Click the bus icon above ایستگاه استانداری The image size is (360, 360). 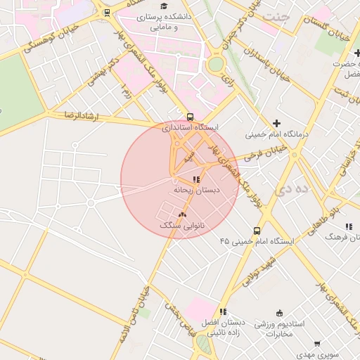click(191, 117)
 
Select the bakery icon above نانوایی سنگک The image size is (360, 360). click(183, 214)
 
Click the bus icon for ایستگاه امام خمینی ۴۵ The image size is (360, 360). click(257, 230)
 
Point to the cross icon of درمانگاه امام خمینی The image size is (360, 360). click(276, 123)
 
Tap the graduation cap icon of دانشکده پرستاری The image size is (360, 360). click(164, 6)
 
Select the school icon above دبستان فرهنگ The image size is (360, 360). click(348, 226)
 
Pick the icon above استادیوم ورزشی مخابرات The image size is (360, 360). click(280, 313)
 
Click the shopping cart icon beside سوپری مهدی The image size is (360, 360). click(317, 345)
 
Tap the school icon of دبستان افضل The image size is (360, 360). click(223, 311)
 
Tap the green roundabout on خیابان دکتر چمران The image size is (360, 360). click(215, 65)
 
